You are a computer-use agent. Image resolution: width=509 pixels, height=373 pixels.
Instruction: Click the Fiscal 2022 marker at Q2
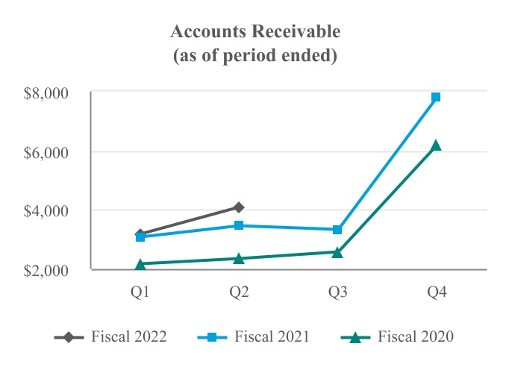pos(239,207)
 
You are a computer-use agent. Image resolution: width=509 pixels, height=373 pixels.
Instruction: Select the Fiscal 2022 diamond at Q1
pos(140,234)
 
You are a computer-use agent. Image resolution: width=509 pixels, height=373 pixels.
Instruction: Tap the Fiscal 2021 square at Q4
pos(436,97)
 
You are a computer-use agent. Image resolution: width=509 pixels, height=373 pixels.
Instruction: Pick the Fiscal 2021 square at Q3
pos(337,230)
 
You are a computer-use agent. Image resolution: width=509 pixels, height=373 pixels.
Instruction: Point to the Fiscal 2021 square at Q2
pos(239,225)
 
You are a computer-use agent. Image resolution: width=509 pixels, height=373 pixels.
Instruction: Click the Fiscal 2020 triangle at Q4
pos(436,145)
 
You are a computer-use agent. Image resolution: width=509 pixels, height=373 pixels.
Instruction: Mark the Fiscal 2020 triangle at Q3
pos(337,252)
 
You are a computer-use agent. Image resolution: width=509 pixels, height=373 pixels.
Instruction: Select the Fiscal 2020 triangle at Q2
pos(239,258)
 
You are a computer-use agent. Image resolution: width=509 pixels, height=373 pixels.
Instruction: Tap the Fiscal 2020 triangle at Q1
pos(140,264)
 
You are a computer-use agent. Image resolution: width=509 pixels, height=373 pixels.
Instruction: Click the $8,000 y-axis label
pos(46,93)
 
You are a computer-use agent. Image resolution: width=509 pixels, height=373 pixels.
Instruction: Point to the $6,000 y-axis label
pos(46,152)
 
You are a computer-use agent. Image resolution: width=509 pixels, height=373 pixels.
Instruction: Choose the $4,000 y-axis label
pos(46,210)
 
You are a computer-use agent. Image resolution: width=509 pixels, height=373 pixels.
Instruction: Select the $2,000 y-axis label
pos(46,269)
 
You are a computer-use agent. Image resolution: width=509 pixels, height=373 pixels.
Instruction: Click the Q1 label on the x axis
pos(140,293)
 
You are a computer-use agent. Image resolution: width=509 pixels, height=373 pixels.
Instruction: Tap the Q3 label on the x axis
pos(337,293)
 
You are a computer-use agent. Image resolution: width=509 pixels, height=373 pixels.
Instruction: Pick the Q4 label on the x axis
pos(436,293)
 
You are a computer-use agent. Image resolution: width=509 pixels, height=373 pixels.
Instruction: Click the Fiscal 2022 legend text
pos(128,336)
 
